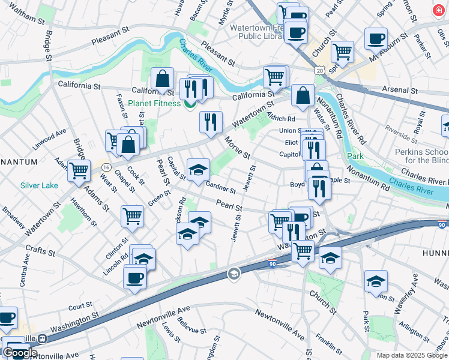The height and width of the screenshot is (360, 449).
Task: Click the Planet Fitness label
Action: point(154,103)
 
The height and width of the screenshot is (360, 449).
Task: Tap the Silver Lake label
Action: point(39,185)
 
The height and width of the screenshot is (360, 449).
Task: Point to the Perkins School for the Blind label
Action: point(420,156)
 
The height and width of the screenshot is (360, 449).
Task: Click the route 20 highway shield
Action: point(321,70)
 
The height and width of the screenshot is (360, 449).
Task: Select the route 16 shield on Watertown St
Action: point(106,166)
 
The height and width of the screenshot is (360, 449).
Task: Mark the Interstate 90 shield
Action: point(273,263)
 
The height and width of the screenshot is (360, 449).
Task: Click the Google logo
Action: point(20,353)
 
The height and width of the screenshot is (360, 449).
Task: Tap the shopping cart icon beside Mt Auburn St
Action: point(342,52)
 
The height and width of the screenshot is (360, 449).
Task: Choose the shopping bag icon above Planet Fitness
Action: point(162,79)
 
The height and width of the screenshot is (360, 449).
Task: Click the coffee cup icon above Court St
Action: point(135,278)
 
